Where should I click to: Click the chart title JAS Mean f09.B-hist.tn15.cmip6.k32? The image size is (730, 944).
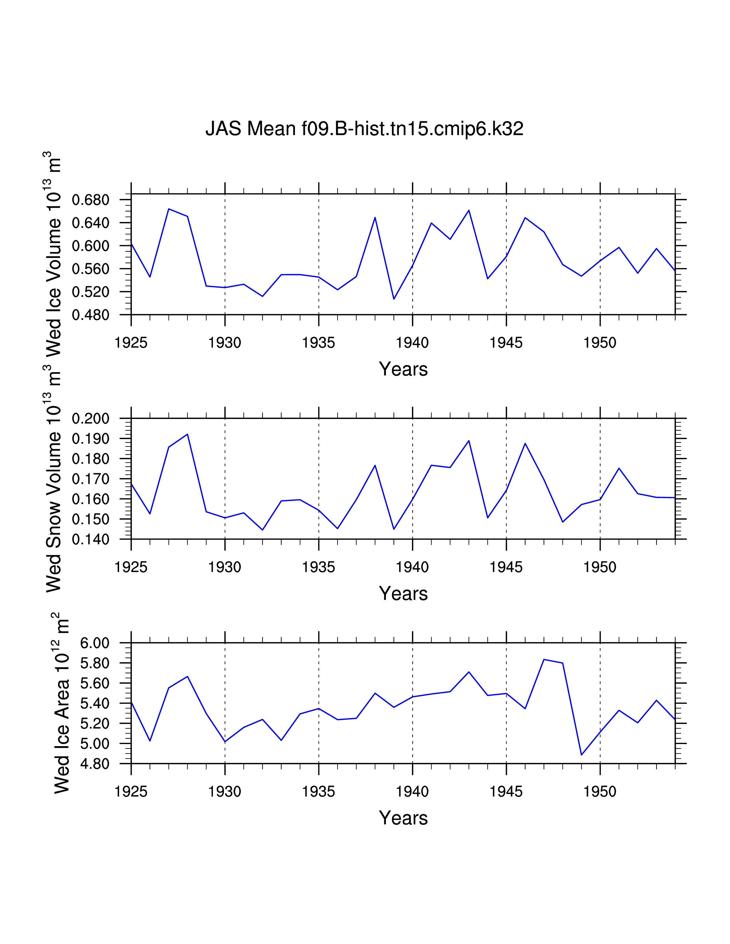364,129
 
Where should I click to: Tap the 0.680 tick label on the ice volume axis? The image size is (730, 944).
90,200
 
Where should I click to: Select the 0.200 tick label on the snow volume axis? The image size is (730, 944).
90,419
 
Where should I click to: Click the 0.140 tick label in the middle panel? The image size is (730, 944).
90,540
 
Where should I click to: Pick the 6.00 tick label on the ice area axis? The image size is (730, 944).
95,643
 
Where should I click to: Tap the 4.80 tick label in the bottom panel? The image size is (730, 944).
95,764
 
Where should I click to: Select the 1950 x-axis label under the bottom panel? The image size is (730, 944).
600,792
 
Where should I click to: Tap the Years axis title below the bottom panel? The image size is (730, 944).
403,818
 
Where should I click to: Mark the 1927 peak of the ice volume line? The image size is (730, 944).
169,209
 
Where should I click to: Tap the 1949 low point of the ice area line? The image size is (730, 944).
581,755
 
